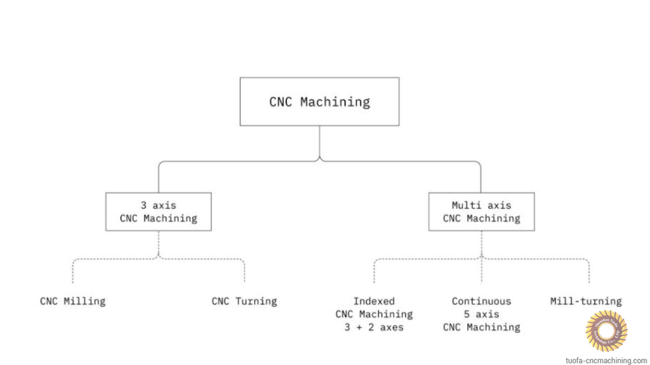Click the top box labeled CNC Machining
pyautogui.click(x=319, y=101)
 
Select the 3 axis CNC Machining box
pyautogui.click(x=158, y=211)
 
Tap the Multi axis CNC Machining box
pyautogui.click(x=481, y=211)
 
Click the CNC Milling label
pyautogui.click(x=73, y=301)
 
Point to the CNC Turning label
pyautogui.click(x=244, y=301)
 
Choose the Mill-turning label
pyautogui.click(x=585, y=301)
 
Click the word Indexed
pyautogui.click(x=374, y=301)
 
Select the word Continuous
pyautogui.click(x=481, y=301)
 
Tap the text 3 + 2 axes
pyautogui.click(x=374, y=327)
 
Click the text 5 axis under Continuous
pyautogui.click(x=481, y=314)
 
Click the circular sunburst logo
pyautogui.click(x=606, y=331)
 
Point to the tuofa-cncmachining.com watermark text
pyautogui.click(x=606, y=360)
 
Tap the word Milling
pyautogui.click(x=84, y=301)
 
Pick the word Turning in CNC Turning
pyautogui.click(x=255, y=301)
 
